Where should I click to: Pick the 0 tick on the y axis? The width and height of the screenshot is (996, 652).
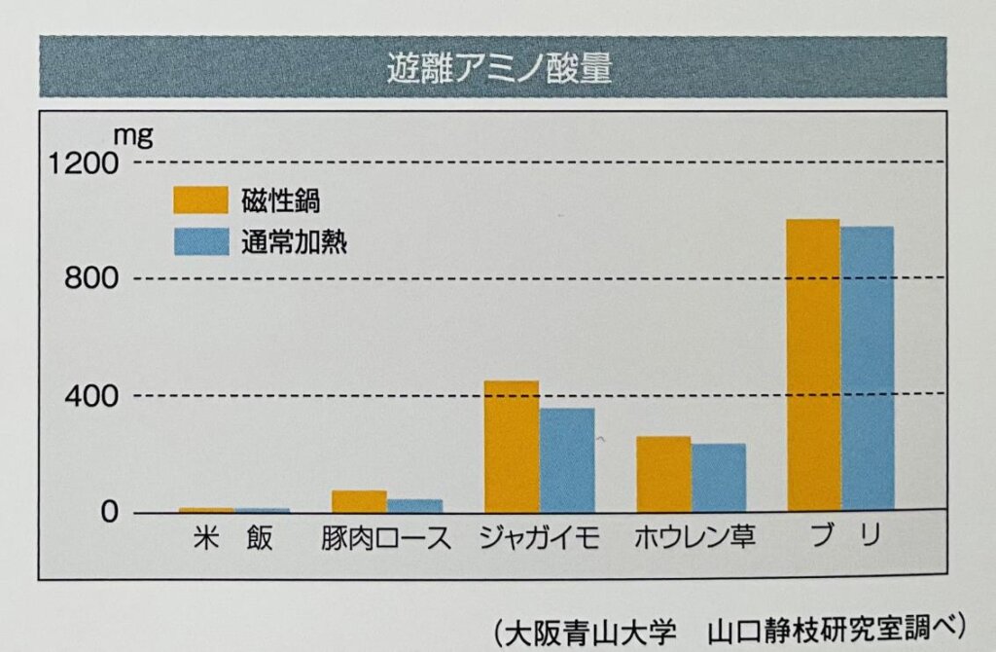tap(109, 512)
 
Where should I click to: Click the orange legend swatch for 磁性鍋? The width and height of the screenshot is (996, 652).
tap(200, 199)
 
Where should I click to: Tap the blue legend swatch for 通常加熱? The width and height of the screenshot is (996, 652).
tap(200, 241)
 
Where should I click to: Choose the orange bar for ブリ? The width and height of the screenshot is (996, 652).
tap(813, 365)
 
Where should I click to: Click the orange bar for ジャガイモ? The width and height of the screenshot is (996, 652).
tap(511, 446)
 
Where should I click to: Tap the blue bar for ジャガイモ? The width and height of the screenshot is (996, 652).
tap(567, 459)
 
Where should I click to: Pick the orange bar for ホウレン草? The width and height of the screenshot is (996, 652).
tap(663, 473)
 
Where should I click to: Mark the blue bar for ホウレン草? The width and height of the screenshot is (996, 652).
tap(719, 477)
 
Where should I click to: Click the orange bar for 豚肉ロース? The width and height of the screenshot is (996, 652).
tap(359, 500)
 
